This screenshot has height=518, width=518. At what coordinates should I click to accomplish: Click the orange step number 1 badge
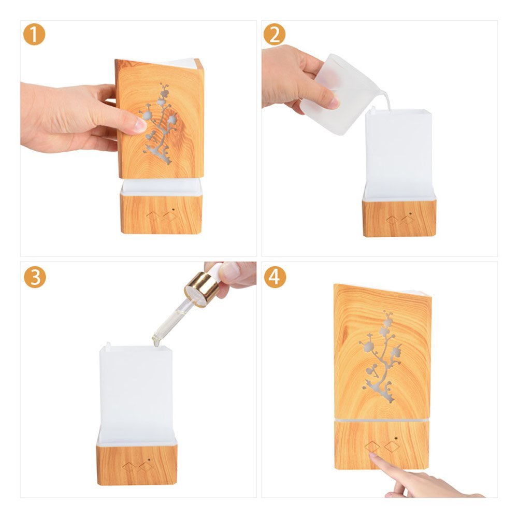click(35, 35)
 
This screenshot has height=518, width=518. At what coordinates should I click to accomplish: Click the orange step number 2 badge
click(275, 35)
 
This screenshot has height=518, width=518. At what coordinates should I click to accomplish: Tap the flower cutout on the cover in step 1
click(159, 122)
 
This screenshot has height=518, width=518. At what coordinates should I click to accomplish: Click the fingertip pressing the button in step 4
click(373, 458)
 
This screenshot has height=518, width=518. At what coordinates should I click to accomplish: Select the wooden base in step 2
click(399, 218)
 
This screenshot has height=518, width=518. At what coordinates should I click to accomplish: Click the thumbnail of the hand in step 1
click(139, 124)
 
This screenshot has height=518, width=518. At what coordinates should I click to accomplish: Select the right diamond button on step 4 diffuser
click(390, 446)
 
